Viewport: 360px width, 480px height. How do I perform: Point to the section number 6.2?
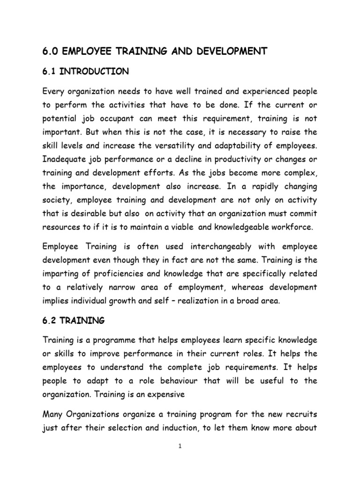(x=50, y=322)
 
